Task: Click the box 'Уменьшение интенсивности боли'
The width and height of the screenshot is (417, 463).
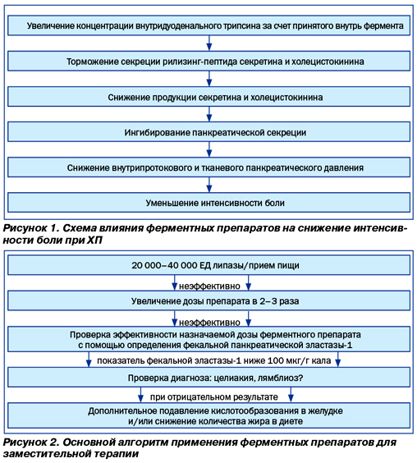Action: tap(208, 203)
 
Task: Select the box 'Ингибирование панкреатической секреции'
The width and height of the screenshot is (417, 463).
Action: tap(208, 132)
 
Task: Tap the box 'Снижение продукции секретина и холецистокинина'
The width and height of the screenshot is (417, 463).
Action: tap(208, 97)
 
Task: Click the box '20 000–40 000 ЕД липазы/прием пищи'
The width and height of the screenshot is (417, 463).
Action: tap(208, 265)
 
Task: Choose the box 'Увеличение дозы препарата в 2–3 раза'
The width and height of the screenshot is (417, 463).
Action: tap(208, 301)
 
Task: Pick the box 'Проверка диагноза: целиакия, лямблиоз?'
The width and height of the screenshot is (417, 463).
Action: tap(208, 378)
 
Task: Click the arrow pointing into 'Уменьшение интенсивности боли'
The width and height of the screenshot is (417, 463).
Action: tap(209, 185)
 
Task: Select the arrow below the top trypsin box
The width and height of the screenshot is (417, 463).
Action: tap(209, 44)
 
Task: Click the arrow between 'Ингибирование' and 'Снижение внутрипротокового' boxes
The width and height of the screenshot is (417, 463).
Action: tap(209, 149)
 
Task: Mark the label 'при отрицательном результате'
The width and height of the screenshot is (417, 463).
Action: tap(214, 397)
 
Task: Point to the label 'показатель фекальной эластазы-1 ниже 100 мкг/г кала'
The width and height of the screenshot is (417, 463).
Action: tap(213, 360)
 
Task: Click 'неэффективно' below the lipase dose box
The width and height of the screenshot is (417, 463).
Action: tap(209, 287)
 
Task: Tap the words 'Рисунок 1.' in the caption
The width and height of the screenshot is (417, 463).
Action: tap(30, 228)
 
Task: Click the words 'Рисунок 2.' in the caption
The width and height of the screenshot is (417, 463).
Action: tap(30, 442)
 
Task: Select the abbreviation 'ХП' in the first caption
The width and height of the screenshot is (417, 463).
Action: tap(94, 241)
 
